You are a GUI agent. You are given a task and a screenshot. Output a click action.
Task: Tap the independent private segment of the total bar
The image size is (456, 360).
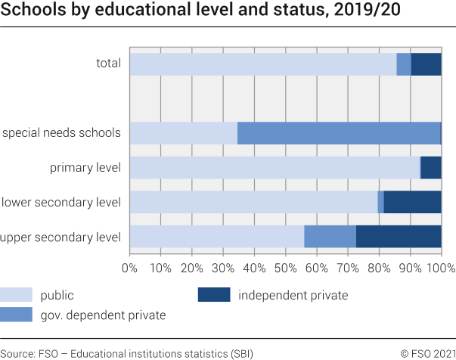pyautogui.click(x=426, y=64)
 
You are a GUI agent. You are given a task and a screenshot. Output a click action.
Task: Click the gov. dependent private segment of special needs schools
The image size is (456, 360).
pyautogui.click(x=338, y=133)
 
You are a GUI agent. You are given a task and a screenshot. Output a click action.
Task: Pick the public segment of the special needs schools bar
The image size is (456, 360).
pyautogui.click(x=183, y=133)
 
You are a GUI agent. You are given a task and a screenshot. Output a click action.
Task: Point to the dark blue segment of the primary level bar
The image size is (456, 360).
pyautogui.click(x=430, y=168)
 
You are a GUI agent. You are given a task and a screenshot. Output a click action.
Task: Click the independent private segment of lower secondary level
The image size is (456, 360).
pyautogui.click(x=412, y=202)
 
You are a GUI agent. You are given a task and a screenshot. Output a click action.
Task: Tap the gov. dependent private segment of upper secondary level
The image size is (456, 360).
pyautogui.click(x=330, y=237)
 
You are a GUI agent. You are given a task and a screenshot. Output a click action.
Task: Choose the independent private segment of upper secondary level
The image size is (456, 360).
pyautogui.click(x=399, y=237)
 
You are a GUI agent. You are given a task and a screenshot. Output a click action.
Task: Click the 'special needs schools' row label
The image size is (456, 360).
pyautogui.click(x=61, y=133)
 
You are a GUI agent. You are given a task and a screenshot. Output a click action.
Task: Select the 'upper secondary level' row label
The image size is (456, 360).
pyautogui.click(x=60, y=237)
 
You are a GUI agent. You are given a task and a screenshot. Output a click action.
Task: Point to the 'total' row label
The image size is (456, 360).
pyautogui.click(x=108, y=64)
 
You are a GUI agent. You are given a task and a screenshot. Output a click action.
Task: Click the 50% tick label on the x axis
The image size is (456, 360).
pyautogui.click(x=285, y=268)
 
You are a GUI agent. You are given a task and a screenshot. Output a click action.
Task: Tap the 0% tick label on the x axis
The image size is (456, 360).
pyautogui.click(x=130, y=268)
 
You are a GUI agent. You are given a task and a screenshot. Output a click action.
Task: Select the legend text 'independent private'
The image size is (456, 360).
pyautogui.click(x=293, y=295)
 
